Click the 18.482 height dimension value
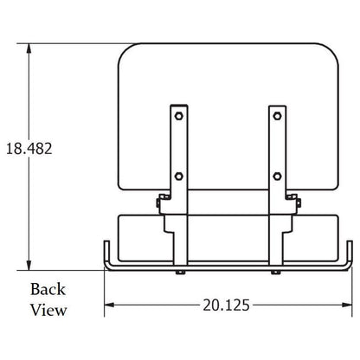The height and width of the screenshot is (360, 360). pos(29,149)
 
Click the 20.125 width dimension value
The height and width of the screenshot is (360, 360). pos(226,305)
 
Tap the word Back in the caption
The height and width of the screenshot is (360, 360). pos(48,289)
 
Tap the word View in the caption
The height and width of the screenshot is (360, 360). pos(48,310)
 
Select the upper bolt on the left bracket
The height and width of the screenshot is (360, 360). pos(179,116)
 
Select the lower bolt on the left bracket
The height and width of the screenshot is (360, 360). pos(179,176)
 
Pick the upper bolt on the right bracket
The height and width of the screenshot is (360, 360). pos(277,116)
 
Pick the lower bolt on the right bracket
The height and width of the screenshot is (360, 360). pos(277,176)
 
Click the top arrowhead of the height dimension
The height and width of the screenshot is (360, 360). pos(29,48)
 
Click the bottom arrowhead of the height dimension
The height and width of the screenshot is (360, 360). pos(29,266)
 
